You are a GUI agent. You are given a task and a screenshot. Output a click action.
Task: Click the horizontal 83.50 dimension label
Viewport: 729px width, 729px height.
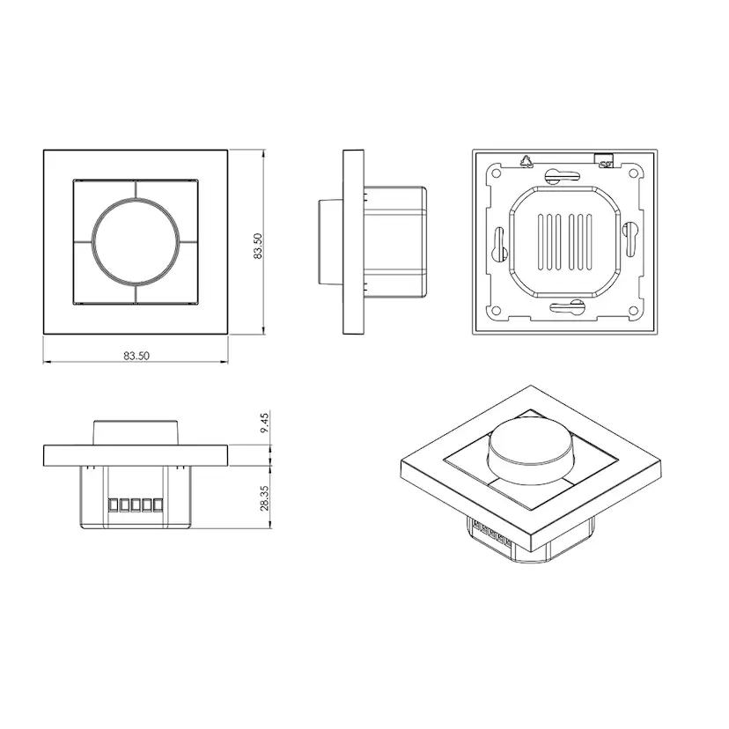tap(136, 357)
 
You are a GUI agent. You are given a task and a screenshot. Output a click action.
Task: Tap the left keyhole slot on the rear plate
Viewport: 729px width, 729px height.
tap(497, 242)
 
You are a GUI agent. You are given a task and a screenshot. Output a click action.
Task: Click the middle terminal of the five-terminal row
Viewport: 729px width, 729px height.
tap(135, 505)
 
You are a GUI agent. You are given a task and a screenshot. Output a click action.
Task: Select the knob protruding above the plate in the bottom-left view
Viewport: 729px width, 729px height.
tap(136, 432)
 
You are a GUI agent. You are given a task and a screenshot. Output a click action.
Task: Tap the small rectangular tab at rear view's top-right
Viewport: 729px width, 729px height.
tap(605, 160)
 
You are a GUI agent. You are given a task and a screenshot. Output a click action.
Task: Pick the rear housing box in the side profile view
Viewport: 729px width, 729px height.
tap(395, 241)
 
